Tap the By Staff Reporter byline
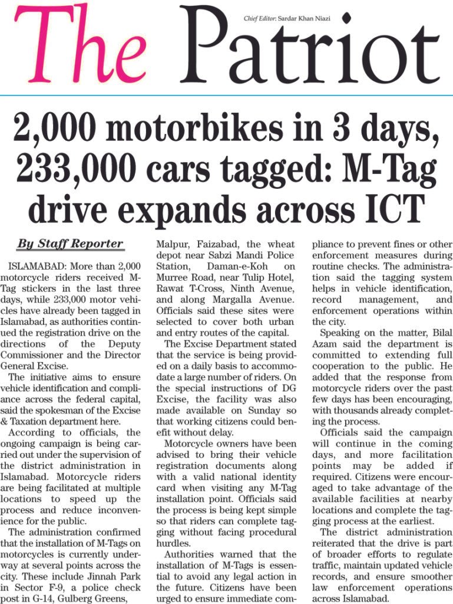[70, 244]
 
